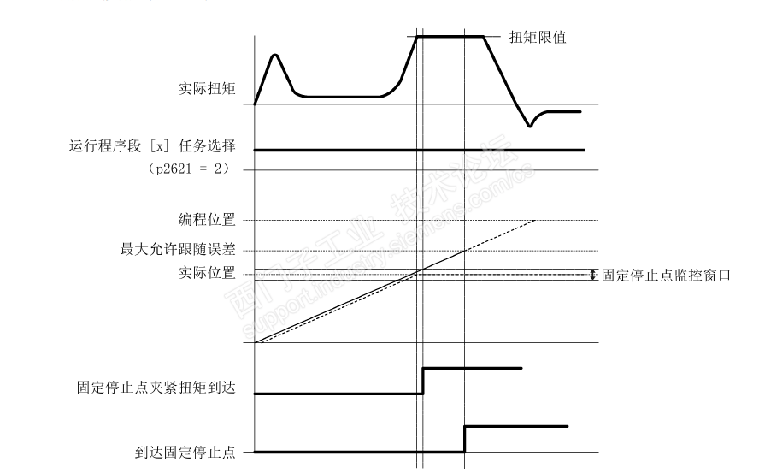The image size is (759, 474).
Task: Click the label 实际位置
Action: click(209, 273)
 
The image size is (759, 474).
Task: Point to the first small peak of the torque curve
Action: click(274, 56)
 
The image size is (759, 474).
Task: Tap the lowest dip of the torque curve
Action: click(529, 126)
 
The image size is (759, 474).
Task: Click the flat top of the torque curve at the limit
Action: click(450, 36)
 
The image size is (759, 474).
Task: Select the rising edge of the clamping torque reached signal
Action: click(424, 381)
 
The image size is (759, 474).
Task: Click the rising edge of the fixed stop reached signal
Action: click(464, 438)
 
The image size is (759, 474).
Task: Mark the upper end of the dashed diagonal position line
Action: click(534, 221)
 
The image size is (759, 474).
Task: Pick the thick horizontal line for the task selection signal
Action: click(419, 151)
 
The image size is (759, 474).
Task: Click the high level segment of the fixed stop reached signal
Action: click(516, 425)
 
